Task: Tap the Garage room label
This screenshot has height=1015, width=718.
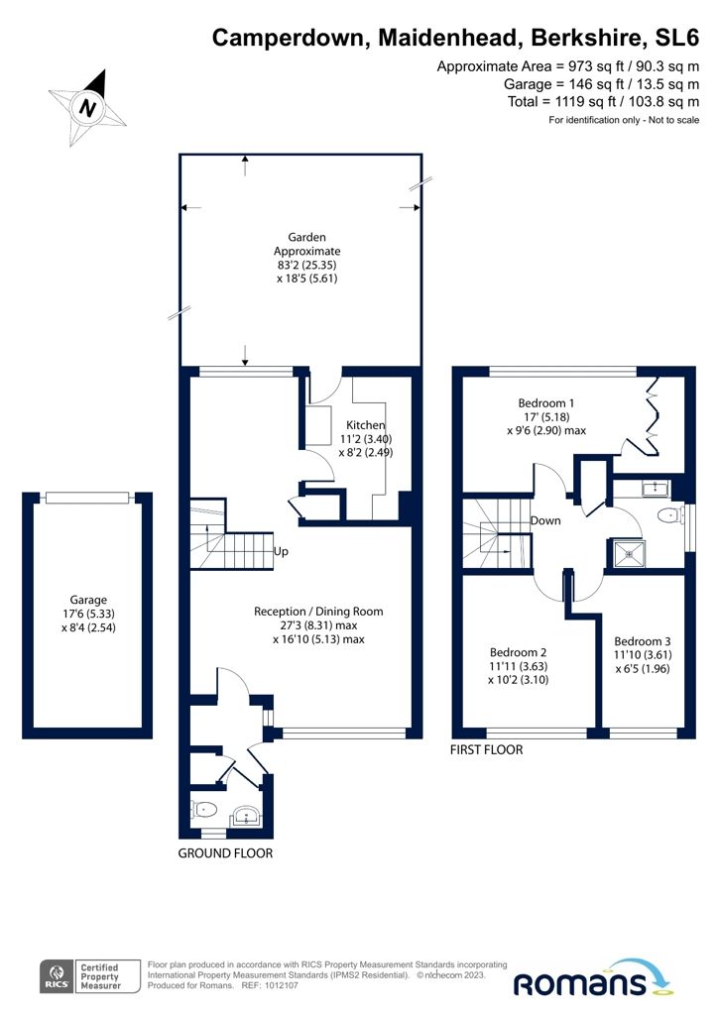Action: pos(88,600)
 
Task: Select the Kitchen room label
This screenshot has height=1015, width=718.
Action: pos(366,425)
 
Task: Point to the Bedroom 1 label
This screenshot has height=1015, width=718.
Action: pos(545,403)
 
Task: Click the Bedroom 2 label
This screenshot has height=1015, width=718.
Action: pos(518,652)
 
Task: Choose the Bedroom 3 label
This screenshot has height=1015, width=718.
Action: pos(643,641)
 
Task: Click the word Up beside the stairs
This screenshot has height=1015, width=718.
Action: pos(281,551)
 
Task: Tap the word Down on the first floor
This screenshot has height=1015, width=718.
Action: pos(545,520)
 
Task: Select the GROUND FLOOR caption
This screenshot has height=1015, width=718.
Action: pos(225,853)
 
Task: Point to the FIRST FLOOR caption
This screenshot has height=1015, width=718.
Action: pos(486,749)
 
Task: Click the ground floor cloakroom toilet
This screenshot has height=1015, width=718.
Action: pos(204,809)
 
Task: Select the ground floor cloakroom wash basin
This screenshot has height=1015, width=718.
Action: pos(246,816)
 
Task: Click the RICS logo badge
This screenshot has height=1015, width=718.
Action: pos(57,976)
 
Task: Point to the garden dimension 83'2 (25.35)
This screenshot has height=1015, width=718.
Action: pos(306,265)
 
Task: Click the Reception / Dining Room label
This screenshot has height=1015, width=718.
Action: pos(318,611)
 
